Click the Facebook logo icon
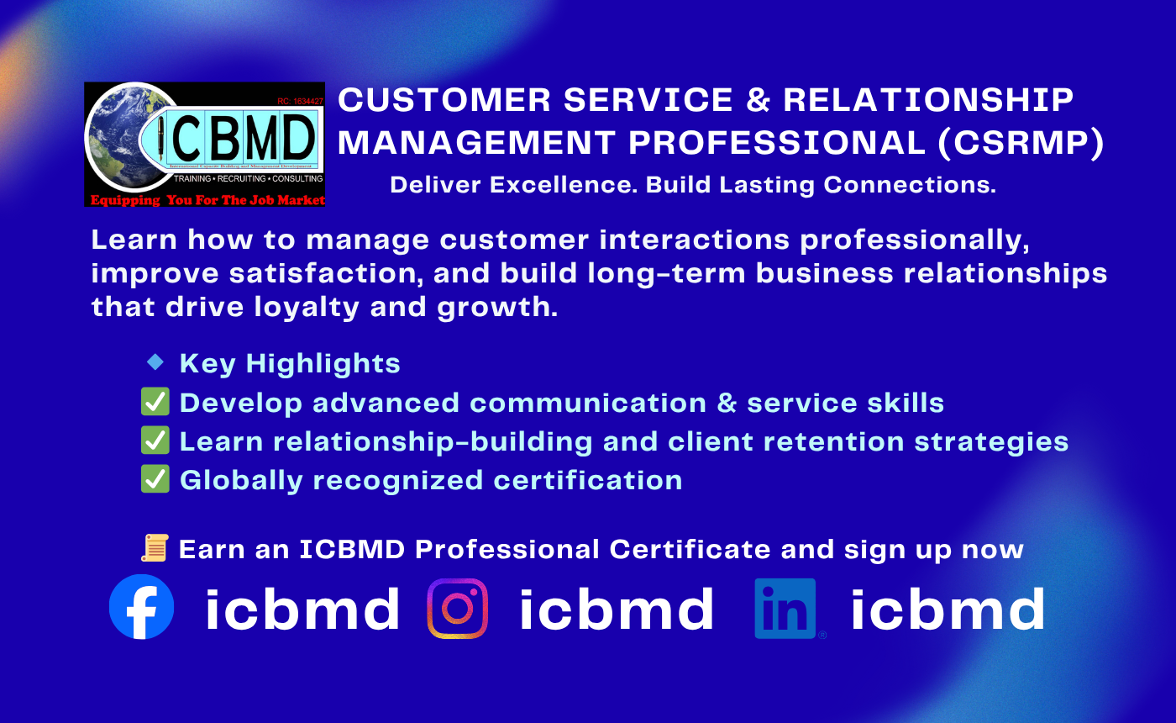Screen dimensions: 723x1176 (142, 607)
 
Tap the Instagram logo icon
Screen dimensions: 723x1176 (458, 608)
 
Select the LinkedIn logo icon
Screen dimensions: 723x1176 (785, 609)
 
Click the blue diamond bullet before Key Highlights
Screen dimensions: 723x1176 (155, 362)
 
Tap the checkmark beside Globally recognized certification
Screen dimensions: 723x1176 (155, 479)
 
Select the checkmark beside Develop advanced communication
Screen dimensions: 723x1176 (155, 402)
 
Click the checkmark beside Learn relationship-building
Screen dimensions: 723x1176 (155, 441)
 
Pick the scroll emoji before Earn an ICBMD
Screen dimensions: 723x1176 (155, 548)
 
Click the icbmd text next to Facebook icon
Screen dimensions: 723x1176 (303, 609)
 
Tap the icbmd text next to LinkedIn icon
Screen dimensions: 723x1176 (948, 609)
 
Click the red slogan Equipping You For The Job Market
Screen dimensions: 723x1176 (207, 200)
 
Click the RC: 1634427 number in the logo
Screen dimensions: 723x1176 (299, 101)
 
